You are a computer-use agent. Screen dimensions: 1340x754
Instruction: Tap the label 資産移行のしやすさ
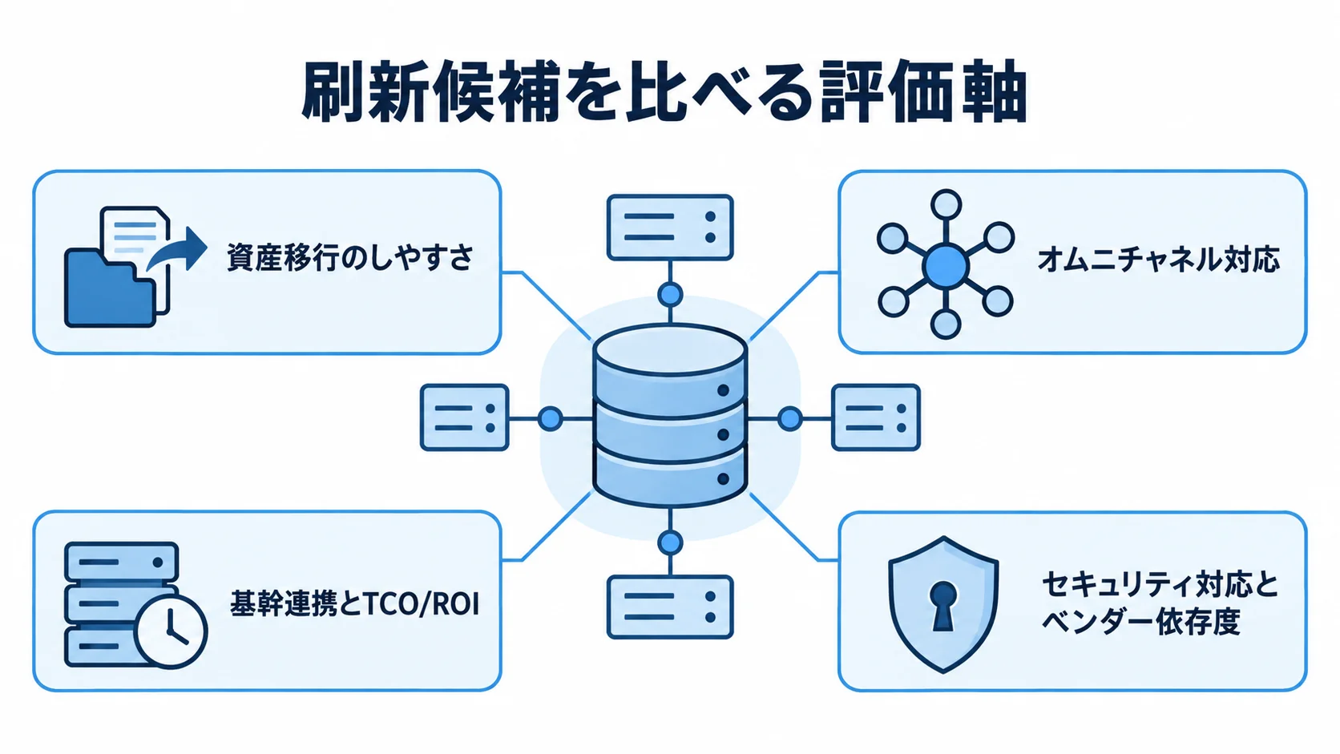350,258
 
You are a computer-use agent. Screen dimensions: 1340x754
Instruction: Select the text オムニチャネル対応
1158,259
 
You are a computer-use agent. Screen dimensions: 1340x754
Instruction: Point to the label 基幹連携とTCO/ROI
355,604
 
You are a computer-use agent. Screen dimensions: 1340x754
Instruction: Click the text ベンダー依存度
1140,622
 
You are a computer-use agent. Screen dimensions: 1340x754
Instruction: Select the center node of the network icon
945,267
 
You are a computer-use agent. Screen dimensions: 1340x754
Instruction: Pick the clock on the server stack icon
171,631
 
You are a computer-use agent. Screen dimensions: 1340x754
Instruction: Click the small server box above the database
670,228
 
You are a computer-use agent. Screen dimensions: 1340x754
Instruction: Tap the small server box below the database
670,607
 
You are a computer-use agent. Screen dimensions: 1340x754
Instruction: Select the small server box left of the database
465,417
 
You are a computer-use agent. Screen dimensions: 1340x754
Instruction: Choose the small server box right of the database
876,417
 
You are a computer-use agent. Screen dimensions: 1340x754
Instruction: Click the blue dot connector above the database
670,294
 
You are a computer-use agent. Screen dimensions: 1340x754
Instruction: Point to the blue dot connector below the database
670,543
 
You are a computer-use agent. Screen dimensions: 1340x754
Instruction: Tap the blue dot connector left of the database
551,418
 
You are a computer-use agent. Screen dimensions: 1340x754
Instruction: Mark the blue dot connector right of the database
789,418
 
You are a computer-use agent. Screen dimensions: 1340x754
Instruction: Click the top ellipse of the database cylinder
670,351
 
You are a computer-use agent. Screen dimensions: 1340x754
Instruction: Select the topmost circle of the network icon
946,204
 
